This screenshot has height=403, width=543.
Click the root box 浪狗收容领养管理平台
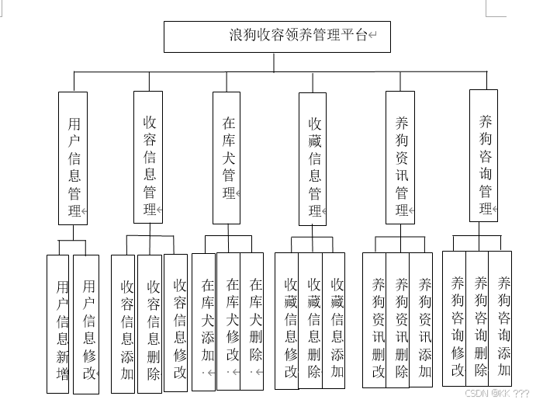click(x=276, y=36)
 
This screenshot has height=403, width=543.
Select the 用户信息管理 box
click(x=74, y=158)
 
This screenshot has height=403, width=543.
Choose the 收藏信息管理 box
click(x=313, y=158)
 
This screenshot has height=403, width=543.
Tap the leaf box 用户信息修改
click(x=88, y=325)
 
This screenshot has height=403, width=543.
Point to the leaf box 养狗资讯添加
click(x=424, y=320)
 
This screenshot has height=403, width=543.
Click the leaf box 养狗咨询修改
click(x=456, y=318)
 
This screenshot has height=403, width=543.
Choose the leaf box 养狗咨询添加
click(x=502, y=318)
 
